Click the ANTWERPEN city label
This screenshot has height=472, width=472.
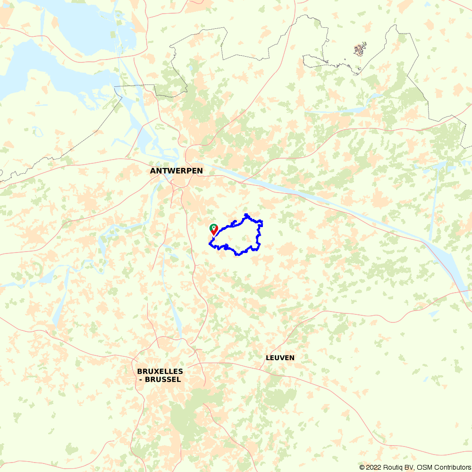click(177, 171)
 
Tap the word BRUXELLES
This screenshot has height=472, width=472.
click(160, 371)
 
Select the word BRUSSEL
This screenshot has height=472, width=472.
click(163, 379)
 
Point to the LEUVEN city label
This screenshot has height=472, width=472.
click(280, 358)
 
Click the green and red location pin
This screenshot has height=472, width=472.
click(214, 229)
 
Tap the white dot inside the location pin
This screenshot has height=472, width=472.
click(214, 228)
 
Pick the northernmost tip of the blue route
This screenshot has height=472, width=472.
click(246, 215)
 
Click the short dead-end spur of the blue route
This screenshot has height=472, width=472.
click(235, 221)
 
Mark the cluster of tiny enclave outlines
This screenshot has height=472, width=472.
click(360, 49)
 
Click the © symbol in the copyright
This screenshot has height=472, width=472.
click(362, 467)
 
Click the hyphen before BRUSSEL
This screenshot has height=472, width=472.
click(141, 379)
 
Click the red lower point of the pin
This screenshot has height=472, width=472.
click(214, 235)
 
